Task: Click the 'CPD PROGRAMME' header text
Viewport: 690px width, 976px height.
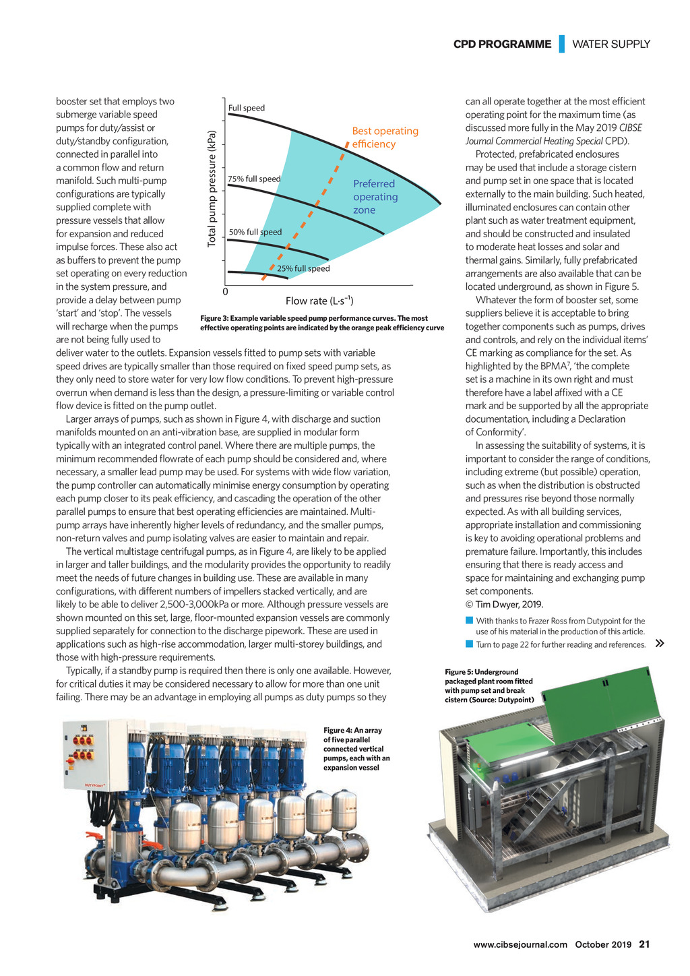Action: coord(502,44)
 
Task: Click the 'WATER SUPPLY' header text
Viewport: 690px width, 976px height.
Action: coord(611,44)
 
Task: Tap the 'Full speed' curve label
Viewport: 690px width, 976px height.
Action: coord(247,108)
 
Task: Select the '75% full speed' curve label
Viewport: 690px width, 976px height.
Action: coord(254,179)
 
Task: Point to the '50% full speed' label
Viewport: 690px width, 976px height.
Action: coord(255,232)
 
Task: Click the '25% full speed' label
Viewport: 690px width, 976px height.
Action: coord(303,268)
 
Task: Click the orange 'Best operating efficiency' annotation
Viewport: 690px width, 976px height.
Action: coord(385,138)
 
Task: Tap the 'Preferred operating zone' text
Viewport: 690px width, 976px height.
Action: coord(375,197)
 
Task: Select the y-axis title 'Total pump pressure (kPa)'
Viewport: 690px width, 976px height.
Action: coord(212,188)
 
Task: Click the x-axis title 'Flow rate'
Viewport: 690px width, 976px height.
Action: coord(319,301)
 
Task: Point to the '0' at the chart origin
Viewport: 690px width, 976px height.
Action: coord(225,292)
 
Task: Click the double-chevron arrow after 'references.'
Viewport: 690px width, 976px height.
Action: coord(660,644)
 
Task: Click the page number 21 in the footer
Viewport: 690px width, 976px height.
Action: coord(644,944)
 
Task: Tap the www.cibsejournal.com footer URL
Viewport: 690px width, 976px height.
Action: coord(520,944)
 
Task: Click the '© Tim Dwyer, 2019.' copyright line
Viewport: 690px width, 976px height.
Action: coord(504,604)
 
